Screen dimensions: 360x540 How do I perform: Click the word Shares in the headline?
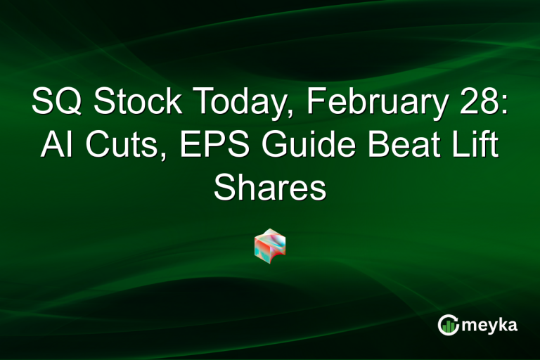[x=270, y=188]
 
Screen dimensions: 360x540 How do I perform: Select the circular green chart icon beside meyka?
[x=448, y=324]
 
